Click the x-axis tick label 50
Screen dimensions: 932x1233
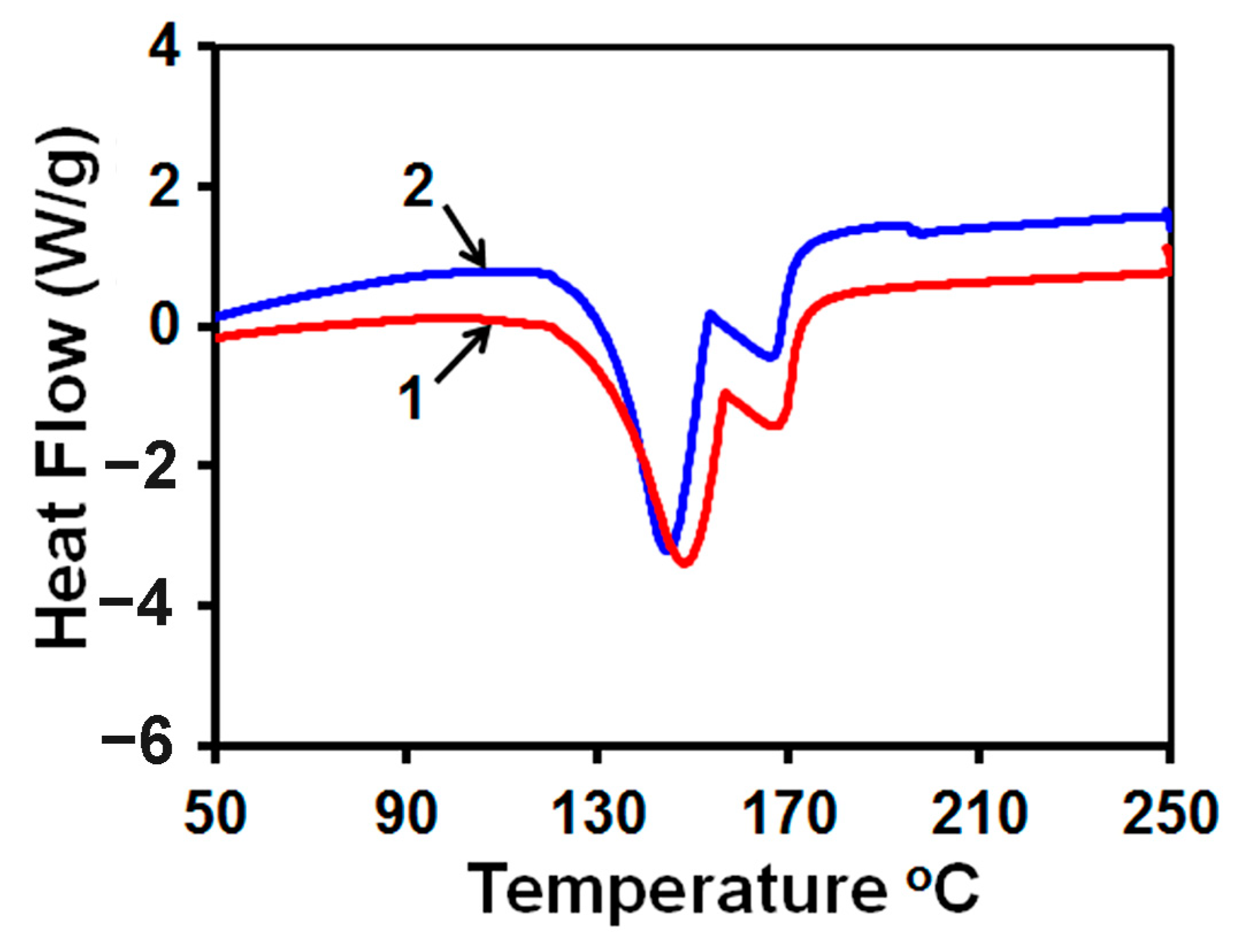[215, 814]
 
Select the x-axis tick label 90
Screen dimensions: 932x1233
[406, 814]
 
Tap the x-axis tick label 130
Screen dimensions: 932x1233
[597, 814]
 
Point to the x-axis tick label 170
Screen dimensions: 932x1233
[788, 814]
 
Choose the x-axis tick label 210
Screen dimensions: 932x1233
[979, 814]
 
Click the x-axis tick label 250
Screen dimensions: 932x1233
[1169, 814]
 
